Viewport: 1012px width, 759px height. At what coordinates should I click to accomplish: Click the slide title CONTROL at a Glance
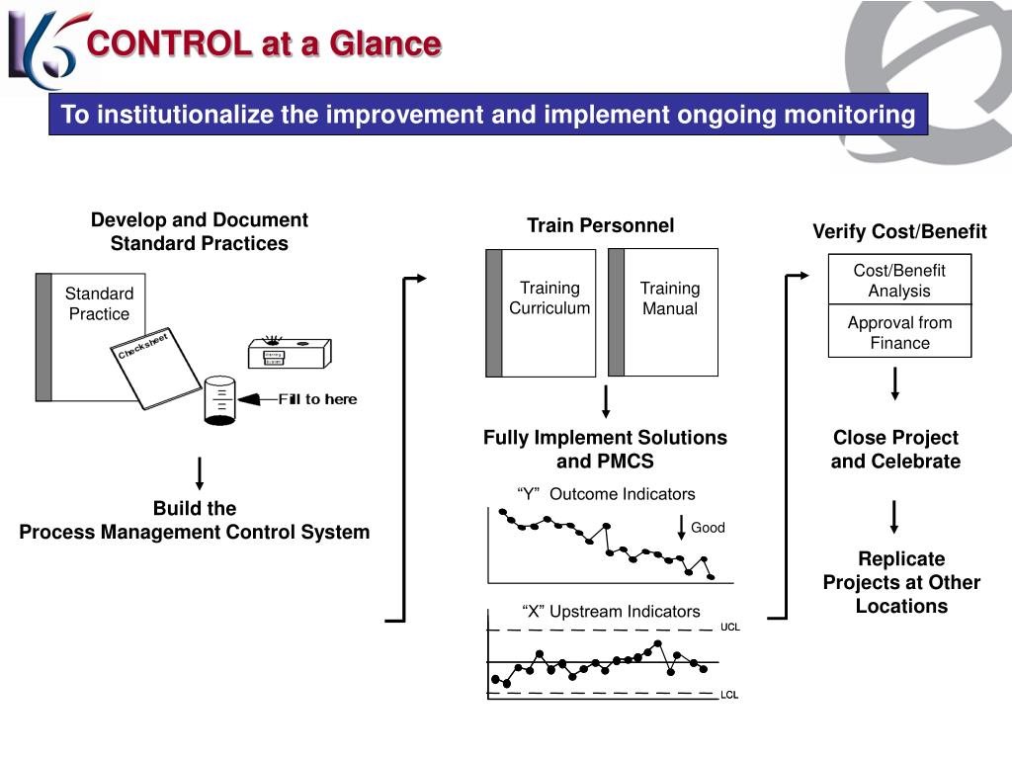(x=263, y=43)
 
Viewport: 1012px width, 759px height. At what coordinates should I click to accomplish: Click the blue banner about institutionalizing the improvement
(x=488, y=115)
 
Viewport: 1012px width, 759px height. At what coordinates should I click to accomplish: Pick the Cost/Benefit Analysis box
(x=899, y=281)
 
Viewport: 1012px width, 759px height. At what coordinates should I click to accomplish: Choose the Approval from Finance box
(x=899, y=333)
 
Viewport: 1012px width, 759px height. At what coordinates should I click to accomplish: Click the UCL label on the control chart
(x=729, y=628)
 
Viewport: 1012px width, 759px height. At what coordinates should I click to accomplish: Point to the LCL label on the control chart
(x=729, y=695)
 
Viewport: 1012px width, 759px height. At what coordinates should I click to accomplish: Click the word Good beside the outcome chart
(x=708, y=528)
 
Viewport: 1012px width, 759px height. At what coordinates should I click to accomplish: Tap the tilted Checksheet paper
(x=154, y=367)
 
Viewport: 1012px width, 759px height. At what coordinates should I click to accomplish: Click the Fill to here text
(x=317, y=399)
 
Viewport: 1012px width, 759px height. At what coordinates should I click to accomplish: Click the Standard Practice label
(x=99, y=303)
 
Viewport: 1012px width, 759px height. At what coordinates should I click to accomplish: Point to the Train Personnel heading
(x=600, y=225)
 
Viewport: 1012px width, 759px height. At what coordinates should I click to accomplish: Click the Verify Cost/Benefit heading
(x=899, y=231)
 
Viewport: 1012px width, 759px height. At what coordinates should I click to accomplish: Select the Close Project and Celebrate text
(x=895, y=450)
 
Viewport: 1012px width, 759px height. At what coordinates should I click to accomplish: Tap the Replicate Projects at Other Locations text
(x=901, y=583)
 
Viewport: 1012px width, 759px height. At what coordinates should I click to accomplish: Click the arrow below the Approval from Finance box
(x=895, y=382)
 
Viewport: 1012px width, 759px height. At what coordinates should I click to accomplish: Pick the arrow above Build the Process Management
(x=201, y=473)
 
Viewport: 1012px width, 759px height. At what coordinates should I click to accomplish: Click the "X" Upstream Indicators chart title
(x=611, y=612)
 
